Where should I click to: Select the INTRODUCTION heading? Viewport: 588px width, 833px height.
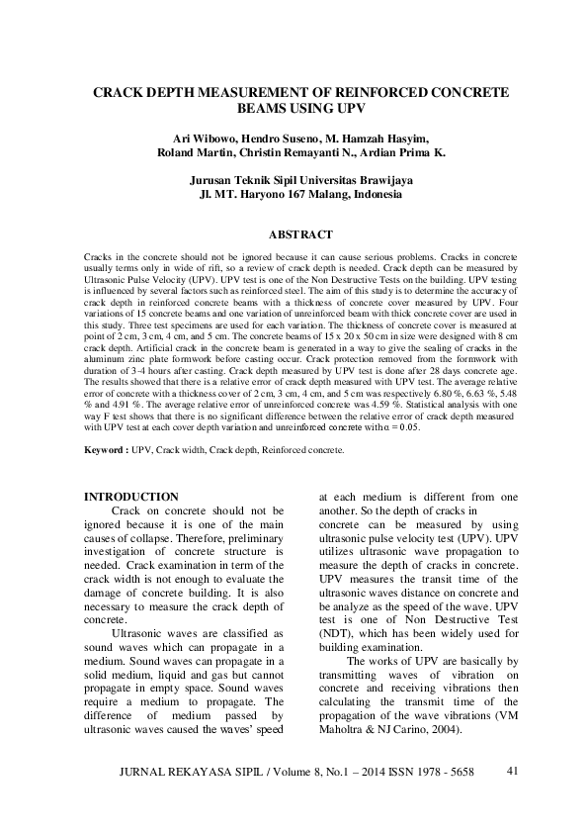131,497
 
